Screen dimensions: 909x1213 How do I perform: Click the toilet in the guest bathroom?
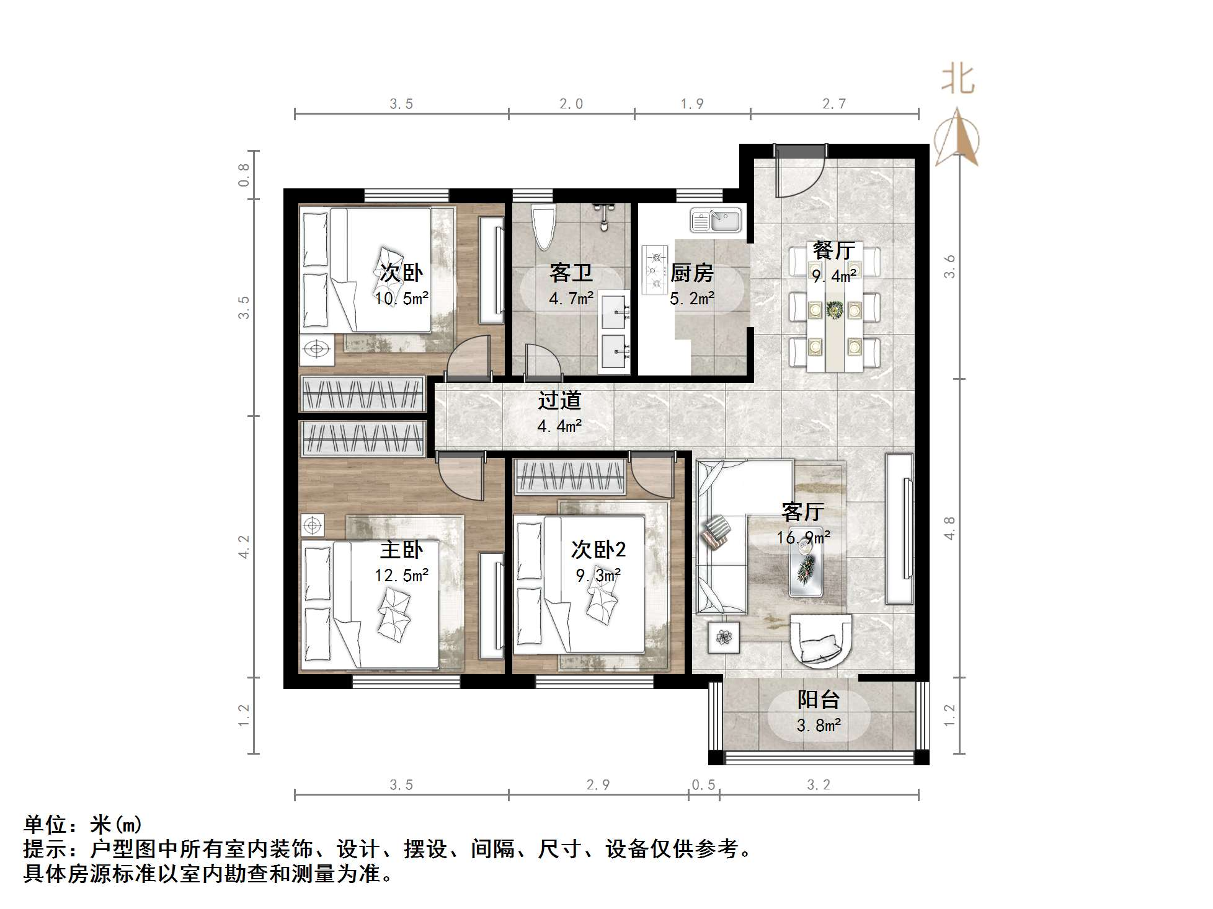(544, 227)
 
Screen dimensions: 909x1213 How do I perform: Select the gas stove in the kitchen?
(655, 270)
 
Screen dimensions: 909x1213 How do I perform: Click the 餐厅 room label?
(833, 250)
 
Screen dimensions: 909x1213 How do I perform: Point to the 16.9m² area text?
(803, 537)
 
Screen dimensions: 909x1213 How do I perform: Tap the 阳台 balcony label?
(818, 700)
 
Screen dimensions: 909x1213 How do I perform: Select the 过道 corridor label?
(559, 400)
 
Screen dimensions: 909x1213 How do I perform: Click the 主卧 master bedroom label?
(401, 550)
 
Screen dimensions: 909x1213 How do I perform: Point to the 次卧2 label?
(598, 550)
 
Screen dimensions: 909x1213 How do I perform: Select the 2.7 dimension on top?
(833, 103)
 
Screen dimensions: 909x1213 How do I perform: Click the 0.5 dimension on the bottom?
(703, 785)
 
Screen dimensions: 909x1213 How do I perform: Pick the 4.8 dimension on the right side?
(949, 528)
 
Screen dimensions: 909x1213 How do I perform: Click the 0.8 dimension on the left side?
(244, 175)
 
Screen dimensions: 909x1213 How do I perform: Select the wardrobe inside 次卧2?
(570, 476)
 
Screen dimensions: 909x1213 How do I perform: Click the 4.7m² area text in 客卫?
(571, 299)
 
